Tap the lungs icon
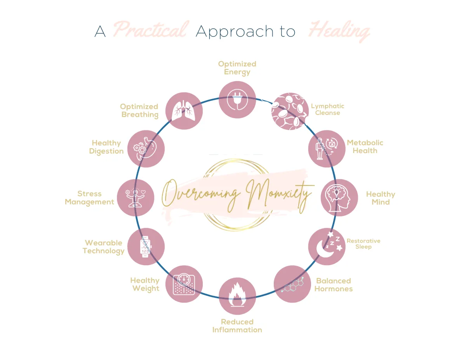pyautogui.click(x=183, y=111)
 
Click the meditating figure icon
pyautogui.click(x=135, y=197)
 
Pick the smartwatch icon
pyautogui.click(x=146, y=247)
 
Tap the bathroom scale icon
pyautogui.click(x=184, y=284)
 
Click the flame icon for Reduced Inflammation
pyautogui.click(x=237, y=294)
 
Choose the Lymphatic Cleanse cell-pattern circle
pyautogui.click(x=290, y=111)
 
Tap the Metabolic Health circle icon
pyautogui.click(x=327, y=149)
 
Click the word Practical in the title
pyautogui.click(x=151, y=30)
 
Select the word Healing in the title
pyautogui.click(x=339, y=31)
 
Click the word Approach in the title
pyautogui.click(x=235, y=32)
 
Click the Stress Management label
pyautogui.click(x=89, y=198)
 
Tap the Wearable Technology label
pyautogui.click(x=104, y=247)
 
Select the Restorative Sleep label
pyautogui.click(x=363, y=244)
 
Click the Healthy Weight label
pyautogui.click(x=145, y=285)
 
